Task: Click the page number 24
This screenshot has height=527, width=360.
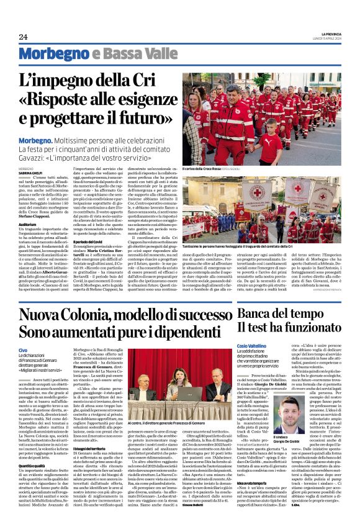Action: [23, 37]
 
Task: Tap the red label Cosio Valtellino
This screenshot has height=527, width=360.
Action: [251, 345]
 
